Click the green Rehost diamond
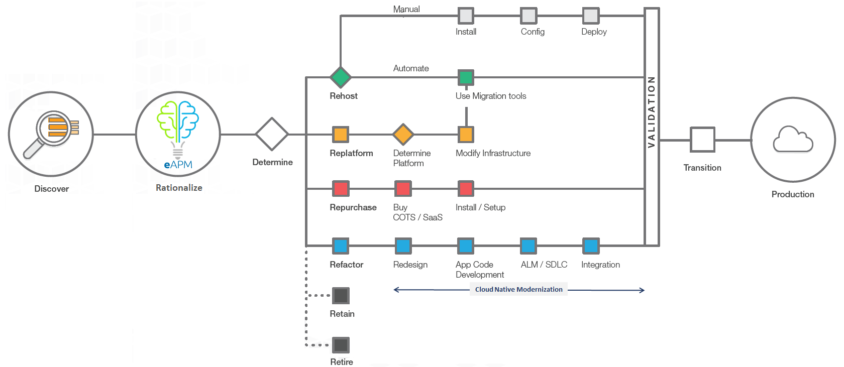pos(341,77)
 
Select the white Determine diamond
pos(272,134)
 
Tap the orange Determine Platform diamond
pos(403,134)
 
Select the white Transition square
pos(702,140)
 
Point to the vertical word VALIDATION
pos(652,112)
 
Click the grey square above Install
pos(466,16)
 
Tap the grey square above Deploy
pos(591,16)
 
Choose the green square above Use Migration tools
pos(466,78)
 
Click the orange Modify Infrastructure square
pos(466,134)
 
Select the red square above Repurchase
pos(341,189)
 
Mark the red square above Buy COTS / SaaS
pos(403,189)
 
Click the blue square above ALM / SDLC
pos(529,246)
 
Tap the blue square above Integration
pos(591,246)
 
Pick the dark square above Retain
pos(341,296)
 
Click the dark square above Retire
pos(341,345)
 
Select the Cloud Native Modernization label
pos(518,289)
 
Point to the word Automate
pos(411,68)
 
